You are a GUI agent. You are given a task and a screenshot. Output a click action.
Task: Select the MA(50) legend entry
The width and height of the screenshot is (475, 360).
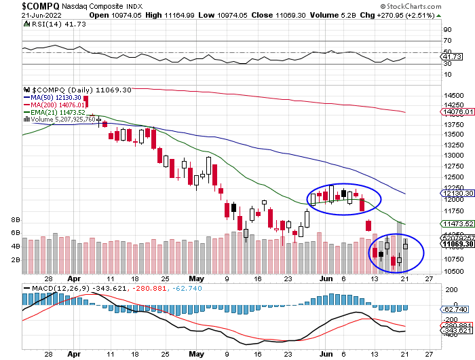click(56, 97)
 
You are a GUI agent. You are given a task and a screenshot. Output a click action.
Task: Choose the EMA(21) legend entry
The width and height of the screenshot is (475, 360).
click(58, 112)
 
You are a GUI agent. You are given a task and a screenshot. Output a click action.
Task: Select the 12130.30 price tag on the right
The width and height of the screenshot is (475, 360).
click(456, 194)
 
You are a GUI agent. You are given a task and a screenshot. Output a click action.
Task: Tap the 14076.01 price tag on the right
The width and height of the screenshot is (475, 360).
click(456, 112)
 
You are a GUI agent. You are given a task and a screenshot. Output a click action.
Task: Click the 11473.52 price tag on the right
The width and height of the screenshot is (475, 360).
click(456, 223)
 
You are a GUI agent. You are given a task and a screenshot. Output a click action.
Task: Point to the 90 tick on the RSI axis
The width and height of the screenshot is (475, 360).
click(448, 30)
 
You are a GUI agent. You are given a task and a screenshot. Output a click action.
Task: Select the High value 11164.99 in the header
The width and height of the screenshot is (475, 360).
click(169, 15)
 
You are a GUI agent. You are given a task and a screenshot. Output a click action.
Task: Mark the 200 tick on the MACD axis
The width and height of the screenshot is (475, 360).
click(450, 289)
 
